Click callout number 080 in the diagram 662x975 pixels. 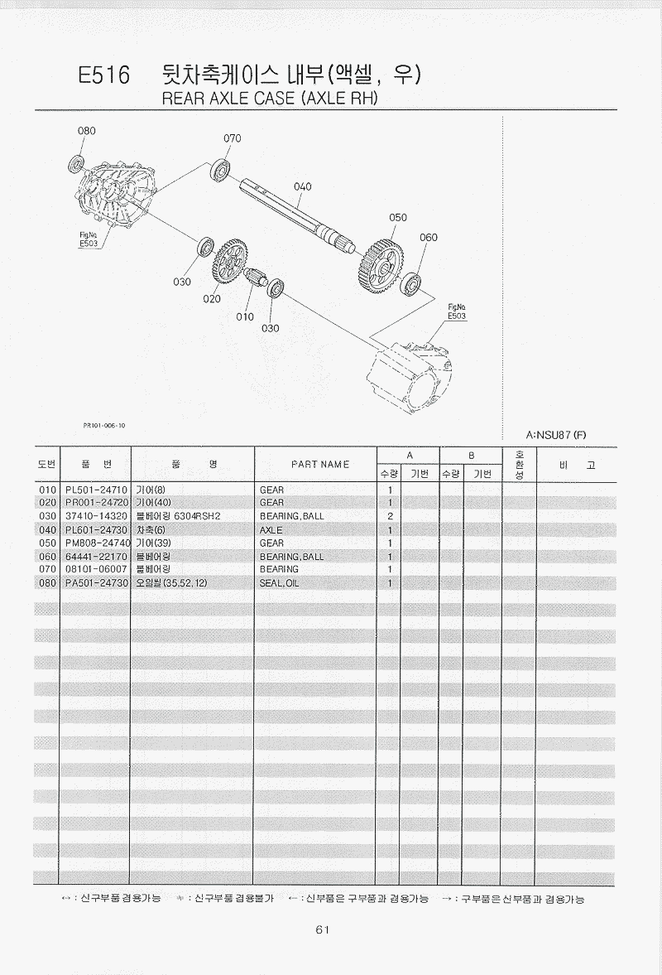point(87,131)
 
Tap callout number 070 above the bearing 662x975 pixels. point(233,138)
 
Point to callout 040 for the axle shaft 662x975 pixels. point(303,186)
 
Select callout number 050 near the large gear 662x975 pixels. point(398,217)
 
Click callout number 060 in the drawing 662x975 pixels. point(428,238)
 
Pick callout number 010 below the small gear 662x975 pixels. point(244,316)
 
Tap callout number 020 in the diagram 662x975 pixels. point(213,299)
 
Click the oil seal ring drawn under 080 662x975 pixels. point(79,162)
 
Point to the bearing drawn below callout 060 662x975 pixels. point(411,283)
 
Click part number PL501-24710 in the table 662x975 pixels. point(96,490)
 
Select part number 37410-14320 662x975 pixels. point(96,516)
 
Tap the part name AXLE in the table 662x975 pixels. point(271,529)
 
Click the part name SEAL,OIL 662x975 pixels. point(279,583)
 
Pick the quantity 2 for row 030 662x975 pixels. point(389,516)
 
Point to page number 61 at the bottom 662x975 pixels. point(323,929)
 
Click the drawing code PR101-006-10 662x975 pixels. point(104,425)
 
